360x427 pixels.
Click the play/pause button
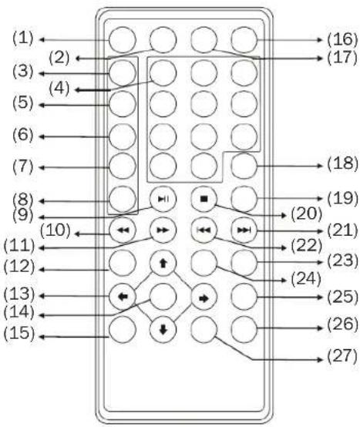pos(163,199)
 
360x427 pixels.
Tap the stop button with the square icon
pos(204,199)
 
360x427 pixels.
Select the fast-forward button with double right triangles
pos(163,230)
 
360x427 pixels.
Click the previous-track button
pos(204,230)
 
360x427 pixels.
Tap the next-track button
pos(244,230)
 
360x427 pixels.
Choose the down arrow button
pos(163,330)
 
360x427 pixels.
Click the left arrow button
pos(123,297)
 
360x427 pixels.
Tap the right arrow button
pos(204,298)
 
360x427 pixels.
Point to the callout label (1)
pos(23,38)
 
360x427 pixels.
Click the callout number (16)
pos(342,39)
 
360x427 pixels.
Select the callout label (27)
pos(342,356)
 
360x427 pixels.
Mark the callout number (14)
pos(19,312)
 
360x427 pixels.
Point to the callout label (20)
pos(306,213)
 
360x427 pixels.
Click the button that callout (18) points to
pos(244,166)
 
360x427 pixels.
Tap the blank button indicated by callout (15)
pos(123,330)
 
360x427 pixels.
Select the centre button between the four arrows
pos(163,297)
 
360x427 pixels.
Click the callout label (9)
pos(23,215)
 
